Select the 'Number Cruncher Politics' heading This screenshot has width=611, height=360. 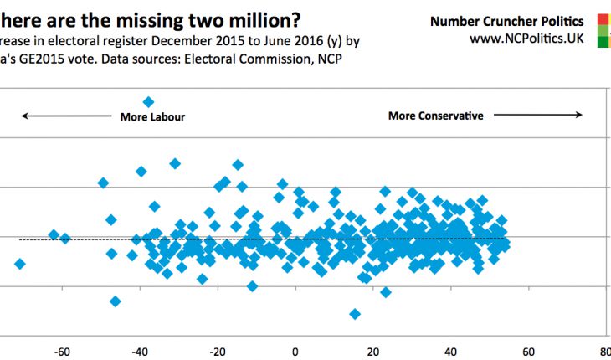pos(507,21)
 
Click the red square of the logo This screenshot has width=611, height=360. pos(604,18)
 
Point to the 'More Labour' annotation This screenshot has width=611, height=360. pos(152,116)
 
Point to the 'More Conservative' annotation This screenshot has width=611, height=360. pos(435,116)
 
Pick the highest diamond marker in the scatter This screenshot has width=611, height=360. pos(148,102)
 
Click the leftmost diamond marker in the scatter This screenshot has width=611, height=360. pos(19,264)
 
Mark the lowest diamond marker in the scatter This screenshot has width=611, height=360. pos(355,314)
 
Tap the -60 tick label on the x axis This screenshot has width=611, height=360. pos(60,352)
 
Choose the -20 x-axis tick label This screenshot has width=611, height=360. pos(217,352)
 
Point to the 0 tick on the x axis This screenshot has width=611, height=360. pos(295,352)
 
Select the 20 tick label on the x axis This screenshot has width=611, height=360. pos(372,352)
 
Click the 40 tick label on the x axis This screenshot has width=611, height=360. pos(450,352)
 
